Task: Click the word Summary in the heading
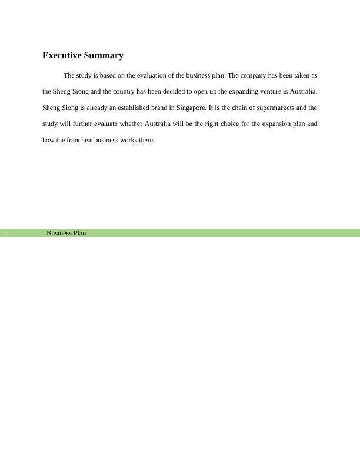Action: pos(104,56)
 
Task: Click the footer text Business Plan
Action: pos(66,234)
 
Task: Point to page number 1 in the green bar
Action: pos(6,234)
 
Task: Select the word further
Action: pos(75,124)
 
